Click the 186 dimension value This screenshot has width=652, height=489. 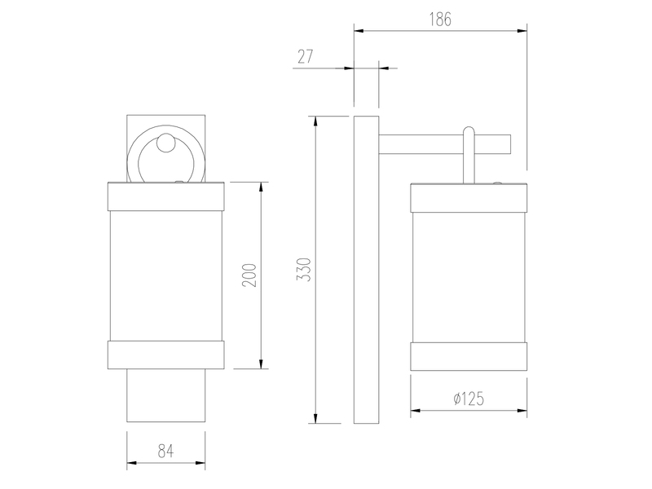click(x=440, y=19)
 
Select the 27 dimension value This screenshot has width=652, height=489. click(x=305, y=56)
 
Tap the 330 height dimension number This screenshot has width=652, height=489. click(x=304, y=270)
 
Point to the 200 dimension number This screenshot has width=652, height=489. click(x=249, y=275)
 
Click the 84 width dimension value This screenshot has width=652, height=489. click(x=165, y=451)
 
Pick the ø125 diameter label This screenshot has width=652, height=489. click(x=469, y=399)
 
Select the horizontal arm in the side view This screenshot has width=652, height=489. click(x=444, y=144)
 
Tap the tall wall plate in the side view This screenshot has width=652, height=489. click(x=366, y=270)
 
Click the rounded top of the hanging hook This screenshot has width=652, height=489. click(x=469, y=130)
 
